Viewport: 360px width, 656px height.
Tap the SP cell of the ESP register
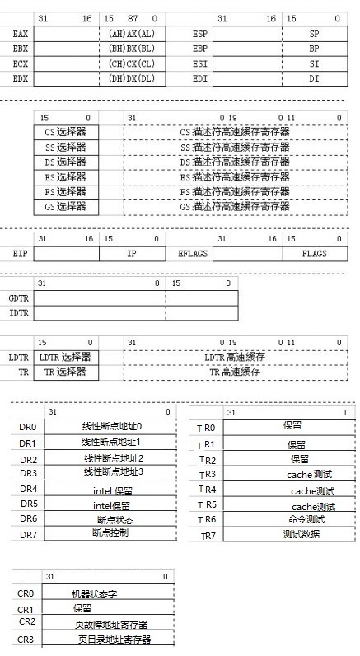(x=313, y=34)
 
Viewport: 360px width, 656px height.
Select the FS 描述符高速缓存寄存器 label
(x=234, y=191)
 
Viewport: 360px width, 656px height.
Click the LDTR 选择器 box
(x=66, y=357)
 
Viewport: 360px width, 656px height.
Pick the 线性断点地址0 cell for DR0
(x=112, y=427)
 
